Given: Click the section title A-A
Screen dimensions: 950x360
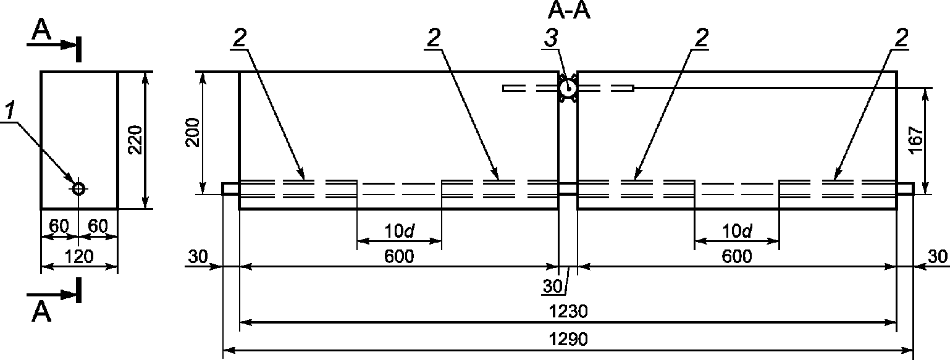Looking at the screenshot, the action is [569, 11].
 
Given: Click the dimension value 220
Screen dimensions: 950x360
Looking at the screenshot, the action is [136, 140].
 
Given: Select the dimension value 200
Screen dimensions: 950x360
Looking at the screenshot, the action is [193, 132].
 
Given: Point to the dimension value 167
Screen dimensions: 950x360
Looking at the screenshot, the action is [916, 140].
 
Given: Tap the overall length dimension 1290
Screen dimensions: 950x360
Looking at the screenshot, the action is [568, 339].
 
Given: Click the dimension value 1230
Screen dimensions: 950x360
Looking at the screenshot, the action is [568, 312].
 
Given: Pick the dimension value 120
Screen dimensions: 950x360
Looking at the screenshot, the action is [79, 257].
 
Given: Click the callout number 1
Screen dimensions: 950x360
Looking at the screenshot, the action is [10, 111].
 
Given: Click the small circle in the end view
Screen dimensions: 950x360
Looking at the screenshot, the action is [78, 189].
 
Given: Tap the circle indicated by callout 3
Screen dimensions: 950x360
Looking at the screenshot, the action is [567, 89].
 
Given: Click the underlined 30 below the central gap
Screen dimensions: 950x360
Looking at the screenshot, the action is [553, 287].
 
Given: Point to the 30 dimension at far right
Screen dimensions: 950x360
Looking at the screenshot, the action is [938, 256].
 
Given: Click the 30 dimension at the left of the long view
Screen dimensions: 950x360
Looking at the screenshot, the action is [198, 256].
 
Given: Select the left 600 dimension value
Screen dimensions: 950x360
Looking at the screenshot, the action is [399, 256].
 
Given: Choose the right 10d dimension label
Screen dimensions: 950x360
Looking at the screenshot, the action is [737, 231].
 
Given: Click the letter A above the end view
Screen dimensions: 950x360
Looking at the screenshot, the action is [41, 31].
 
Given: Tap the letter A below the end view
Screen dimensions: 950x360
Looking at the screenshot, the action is [41, 313].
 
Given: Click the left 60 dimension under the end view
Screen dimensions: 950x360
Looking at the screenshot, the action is [59, 227].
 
